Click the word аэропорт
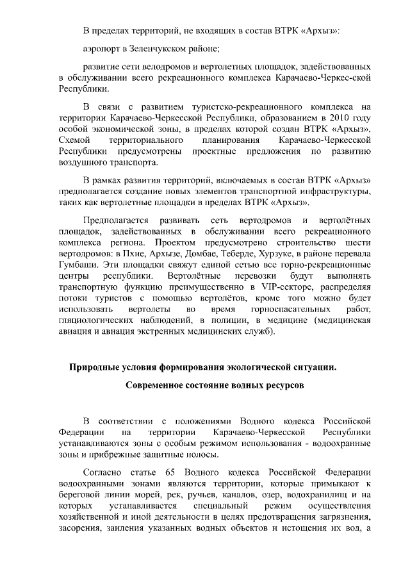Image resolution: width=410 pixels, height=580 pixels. tap(102, 48)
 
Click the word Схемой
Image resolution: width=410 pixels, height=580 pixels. tap(75, 140)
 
